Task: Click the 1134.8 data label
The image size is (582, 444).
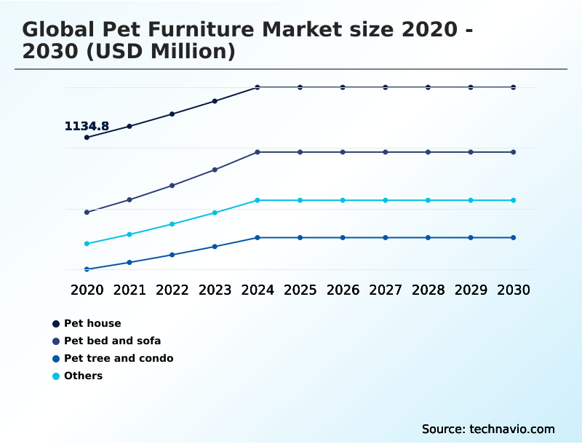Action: click(x=87, y=127)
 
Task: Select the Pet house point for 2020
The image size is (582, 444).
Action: click(x=87, y=138)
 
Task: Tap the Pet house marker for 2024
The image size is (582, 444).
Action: click(x=258, y=87)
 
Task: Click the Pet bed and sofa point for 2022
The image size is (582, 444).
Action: click(x=172, y=186)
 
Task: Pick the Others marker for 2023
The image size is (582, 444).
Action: click(x=215, y=213)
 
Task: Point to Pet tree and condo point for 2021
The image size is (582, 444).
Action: click(x=129, y=262)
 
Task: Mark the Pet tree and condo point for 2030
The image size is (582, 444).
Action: click(x=514, y=237)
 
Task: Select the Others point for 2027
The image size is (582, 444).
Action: click(x=386, y=200)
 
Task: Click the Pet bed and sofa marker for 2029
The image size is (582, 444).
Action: click(x=471, y=152)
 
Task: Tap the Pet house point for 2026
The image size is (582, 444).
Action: click(x=343, y=87)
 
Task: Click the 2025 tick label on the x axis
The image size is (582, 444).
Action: click(x=300, y=290)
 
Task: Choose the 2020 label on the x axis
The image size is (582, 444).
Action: click(x=87, y=290)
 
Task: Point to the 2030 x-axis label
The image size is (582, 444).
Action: click(x=514, y=290)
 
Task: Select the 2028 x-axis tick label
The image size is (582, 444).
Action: click(x=428, y=290)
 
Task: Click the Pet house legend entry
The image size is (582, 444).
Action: click(x=92, y=323)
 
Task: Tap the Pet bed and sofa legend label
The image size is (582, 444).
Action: click(x=112, y=341)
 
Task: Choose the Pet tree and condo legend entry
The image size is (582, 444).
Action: click(x=119, y=358)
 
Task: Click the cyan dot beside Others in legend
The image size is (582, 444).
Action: click(x=56, y=376)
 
